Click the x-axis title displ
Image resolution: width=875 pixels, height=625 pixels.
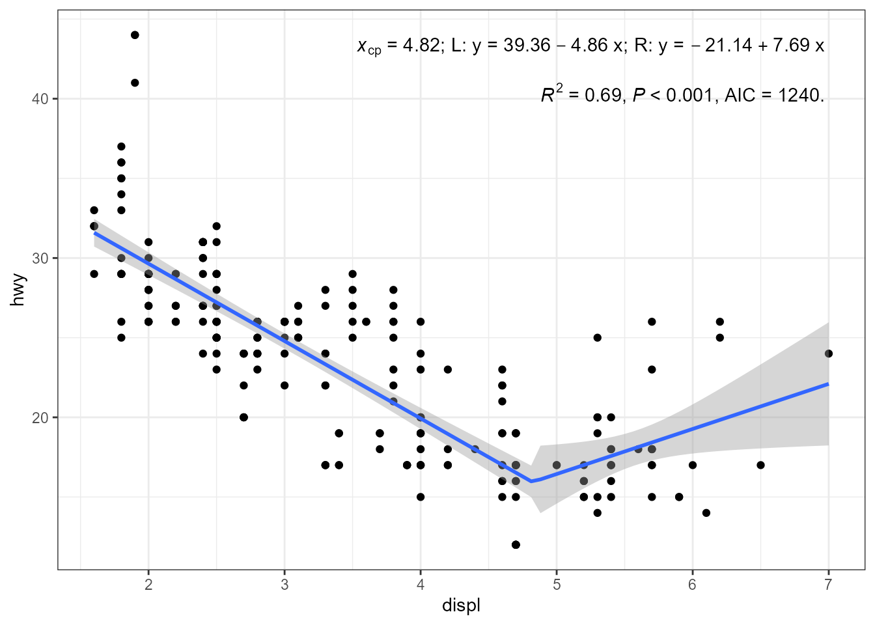(x=461, y=606)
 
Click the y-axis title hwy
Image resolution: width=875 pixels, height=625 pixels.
(x=18, y=290)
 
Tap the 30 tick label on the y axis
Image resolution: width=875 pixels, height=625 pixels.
(x=40, y=258)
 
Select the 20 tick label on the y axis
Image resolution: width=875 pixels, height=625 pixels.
(x=40, y=417)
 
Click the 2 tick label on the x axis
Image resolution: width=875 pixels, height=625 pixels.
(x=148, y=585)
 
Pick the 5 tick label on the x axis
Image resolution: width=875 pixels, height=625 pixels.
(x=556, y=585)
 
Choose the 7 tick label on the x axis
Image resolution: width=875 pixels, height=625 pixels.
(x=828, y=585)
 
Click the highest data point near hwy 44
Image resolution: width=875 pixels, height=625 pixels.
(x=135, y=35)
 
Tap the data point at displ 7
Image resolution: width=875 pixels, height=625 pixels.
(x=829, y=354)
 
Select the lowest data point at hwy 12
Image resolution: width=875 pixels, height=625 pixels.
(x=516, y=544)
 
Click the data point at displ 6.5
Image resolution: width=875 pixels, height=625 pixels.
(x=760, y=465)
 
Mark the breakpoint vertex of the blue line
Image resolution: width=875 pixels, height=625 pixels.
(x=531, y=481)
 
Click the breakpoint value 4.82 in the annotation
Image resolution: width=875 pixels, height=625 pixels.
(x=421, y=46)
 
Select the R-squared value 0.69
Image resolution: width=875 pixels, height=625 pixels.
(x=603, y=95)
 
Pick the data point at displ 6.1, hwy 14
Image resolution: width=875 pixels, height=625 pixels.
(x=706, y=512)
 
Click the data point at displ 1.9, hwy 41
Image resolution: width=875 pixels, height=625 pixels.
(x=135, y=83)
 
